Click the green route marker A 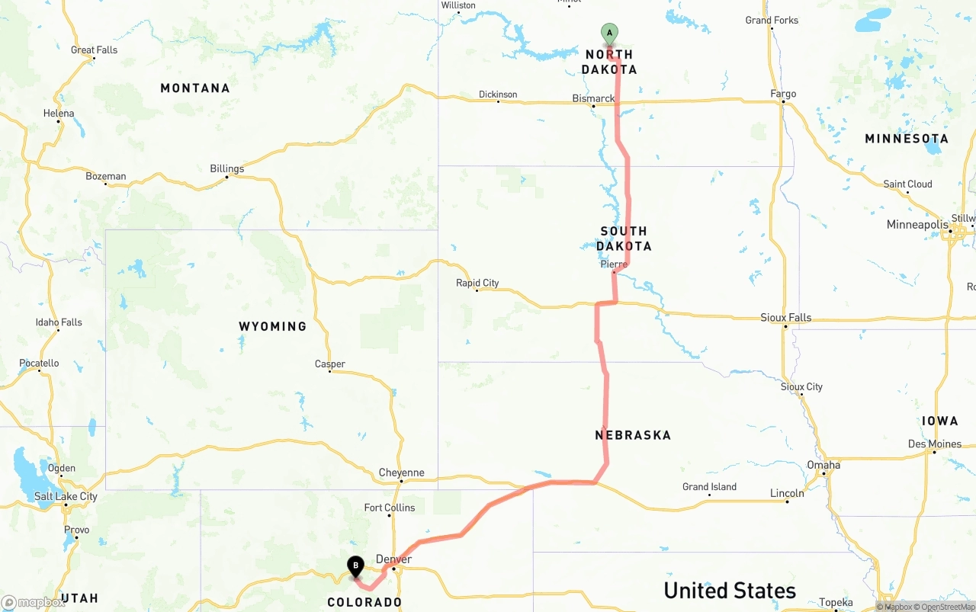(609, 33)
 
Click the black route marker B (355, 566)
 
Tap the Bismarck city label (593, 98)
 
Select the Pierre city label (614, 264)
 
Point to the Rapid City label (477, 283)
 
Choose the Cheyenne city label (401, 473)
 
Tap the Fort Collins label (390, 508)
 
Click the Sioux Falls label (785, 317)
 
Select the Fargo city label (783, 94)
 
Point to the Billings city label (227, 168)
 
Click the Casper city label (330, 364)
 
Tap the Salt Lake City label (66, 496)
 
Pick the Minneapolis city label (917, 225)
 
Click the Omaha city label (823, 465)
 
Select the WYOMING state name (272, 326)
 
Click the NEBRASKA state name (633, 435)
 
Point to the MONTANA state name (194, 88)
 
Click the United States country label (730, 591)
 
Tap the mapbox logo (34, 602)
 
